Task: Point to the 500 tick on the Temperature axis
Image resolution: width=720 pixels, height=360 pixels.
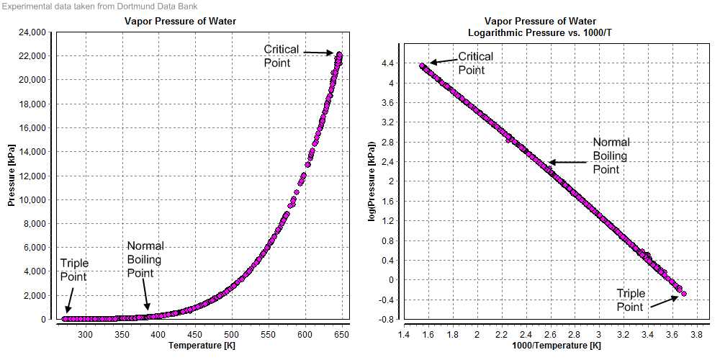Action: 232,334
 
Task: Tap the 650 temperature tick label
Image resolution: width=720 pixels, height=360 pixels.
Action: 341,334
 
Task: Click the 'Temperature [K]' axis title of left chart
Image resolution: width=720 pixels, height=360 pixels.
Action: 202,346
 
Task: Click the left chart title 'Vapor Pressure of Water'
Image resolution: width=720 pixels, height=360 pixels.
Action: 180,22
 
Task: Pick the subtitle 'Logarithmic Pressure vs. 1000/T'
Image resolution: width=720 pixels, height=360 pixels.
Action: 541,33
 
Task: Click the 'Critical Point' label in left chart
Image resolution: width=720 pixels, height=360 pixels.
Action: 277,55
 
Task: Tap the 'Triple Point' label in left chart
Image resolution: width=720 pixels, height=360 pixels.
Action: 73,269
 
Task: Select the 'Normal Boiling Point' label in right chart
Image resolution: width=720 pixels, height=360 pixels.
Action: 611,156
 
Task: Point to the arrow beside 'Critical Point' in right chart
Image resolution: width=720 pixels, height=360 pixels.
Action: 443,61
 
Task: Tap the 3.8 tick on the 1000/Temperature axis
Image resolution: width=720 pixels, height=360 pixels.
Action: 696,334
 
